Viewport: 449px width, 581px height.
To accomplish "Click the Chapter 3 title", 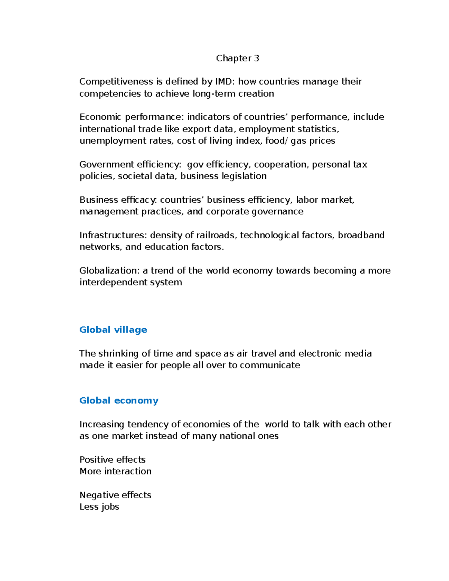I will pyautogui.click(x=237, y=58).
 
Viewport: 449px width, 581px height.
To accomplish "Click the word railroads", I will pyautogui.click(x=217, y=235).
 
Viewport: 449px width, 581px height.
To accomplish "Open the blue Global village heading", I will pyautogui.click(x=113, y=330).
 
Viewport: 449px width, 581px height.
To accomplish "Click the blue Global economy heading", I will pyautogui.click(x=119, y=401).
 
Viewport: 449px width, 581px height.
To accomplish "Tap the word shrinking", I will pyautogui.click(x=118, y=354).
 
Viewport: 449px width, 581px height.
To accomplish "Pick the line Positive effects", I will pyautogui.click(x=112, y=459).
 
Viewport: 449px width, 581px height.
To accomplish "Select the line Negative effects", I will pyautogui.click(x=115, y=495).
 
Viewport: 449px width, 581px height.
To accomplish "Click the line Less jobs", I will pyautogui.click(x=99, y=507).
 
